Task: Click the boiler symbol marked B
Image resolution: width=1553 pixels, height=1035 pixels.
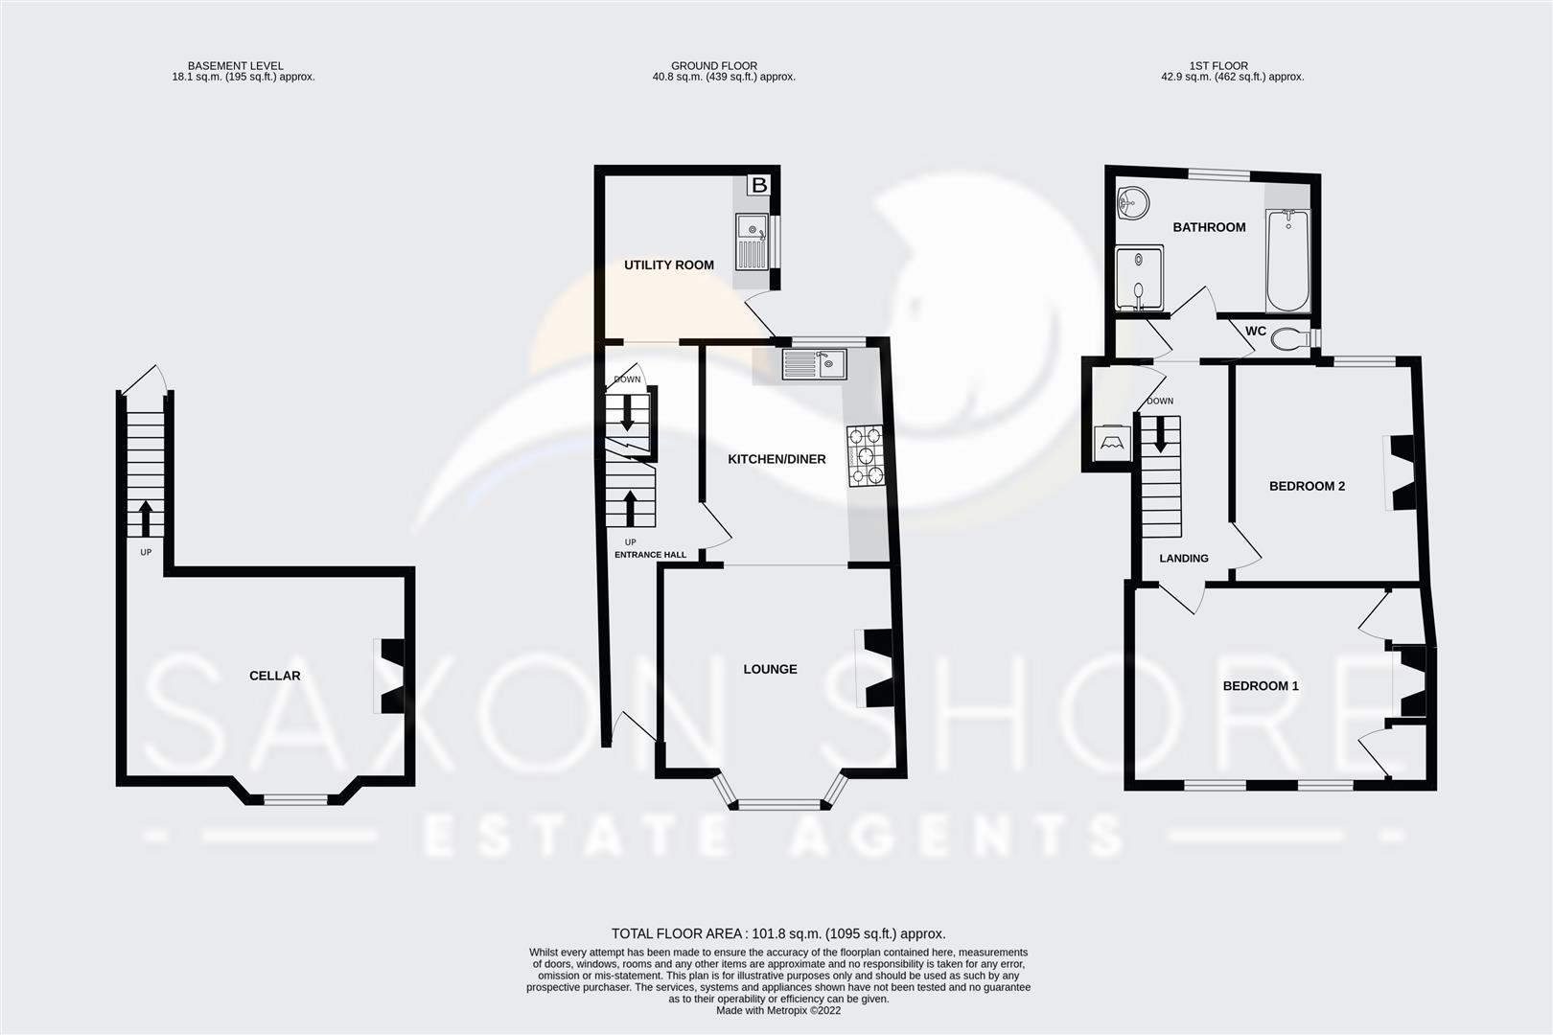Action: tap(758, 185)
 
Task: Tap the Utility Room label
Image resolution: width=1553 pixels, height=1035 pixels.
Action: tap(668, 264)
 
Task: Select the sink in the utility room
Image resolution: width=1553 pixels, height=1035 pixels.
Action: tap(751, 241)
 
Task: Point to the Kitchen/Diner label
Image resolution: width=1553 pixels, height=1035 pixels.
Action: tap(776, 459)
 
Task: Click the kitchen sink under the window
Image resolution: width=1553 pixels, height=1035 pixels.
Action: tap(813, 364)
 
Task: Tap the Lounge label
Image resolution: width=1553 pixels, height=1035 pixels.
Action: tap(770, 669)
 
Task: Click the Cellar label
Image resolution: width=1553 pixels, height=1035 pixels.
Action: tap(274, 676)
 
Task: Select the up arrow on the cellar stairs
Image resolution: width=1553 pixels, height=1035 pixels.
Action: tap(146, 517)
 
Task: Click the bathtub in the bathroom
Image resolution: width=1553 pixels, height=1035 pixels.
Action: tap(1287, 261)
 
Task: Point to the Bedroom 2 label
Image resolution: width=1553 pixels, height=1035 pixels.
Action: tap(1307, 486)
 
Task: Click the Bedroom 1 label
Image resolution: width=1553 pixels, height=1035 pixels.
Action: tap(1260, 686)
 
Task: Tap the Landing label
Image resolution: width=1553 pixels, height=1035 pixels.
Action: tap(1183, 558)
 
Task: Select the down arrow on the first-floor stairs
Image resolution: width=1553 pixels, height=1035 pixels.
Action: tap(1161, 433)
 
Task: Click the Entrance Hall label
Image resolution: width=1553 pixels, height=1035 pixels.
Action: tap(650, 554)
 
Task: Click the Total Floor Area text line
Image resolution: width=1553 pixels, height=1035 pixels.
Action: tap(777, 932)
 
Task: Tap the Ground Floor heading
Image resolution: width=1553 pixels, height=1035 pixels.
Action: tap(713, 66)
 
